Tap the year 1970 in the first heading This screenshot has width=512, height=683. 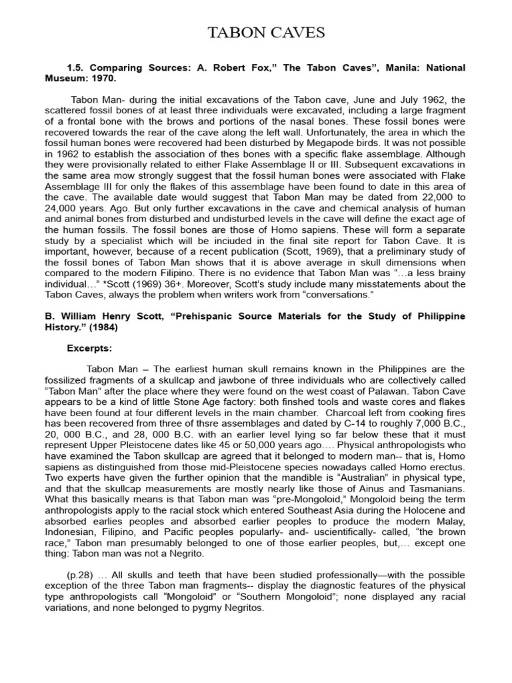click(103, 78)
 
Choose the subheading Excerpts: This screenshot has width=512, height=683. click(90, 348)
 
